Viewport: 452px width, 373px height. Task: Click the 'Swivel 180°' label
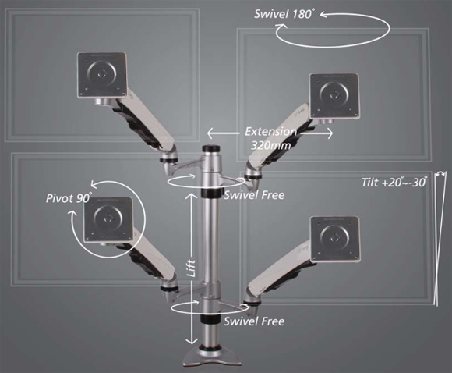284,14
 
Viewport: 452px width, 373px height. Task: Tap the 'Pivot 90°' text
69,198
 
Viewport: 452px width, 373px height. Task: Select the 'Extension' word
270,132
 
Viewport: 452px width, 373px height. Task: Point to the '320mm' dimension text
270,145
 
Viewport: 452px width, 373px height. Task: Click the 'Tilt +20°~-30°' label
394,182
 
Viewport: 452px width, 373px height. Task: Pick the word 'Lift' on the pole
192,268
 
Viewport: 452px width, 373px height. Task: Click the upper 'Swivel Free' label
254,195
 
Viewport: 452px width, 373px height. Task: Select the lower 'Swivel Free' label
254,321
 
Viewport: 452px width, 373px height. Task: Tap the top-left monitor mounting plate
102,76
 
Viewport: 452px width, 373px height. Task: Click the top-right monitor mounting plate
335,96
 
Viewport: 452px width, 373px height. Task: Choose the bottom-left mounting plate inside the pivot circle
108,220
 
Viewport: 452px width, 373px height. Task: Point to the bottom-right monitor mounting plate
335,239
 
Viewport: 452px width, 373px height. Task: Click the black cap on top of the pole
212,149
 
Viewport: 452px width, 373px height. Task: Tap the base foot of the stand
212,355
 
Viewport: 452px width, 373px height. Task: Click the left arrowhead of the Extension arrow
210,133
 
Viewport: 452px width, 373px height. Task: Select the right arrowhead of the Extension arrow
330,133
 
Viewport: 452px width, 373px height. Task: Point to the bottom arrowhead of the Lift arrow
191,341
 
